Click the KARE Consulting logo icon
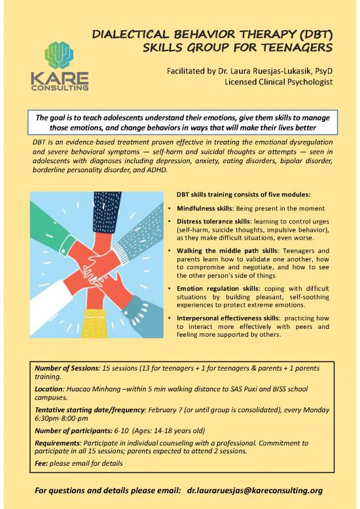tap(59, 54)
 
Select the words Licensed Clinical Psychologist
tap(279, 82)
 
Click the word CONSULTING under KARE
tap(59, 86)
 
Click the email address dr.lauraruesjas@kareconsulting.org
tap(257, 489)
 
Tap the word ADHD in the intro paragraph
tap(158, 170)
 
